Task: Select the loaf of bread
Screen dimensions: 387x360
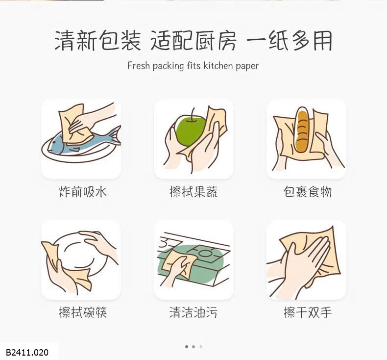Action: tap(302, 131)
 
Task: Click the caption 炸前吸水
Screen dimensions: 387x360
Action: tap(83, 192)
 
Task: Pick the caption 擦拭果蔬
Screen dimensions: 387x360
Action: tap(193, 192)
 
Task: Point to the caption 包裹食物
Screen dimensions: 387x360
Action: tap(307, 192)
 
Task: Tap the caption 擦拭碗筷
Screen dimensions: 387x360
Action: tap(83, 312)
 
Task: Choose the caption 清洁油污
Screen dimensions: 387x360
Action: tap(193, 312)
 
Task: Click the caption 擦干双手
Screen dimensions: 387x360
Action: tap(307, 312)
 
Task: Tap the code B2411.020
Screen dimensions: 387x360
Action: tap(27, 352)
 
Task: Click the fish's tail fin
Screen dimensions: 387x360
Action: tap(115, 135)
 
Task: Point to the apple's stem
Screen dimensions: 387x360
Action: tap(193, 115)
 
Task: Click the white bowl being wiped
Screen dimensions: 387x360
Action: tap(79, 255)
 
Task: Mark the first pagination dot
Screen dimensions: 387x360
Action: tap(187, 347)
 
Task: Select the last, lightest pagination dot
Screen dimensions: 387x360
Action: tap(201, 347)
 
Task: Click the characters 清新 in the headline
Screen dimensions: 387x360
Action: tap(76, 41)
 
